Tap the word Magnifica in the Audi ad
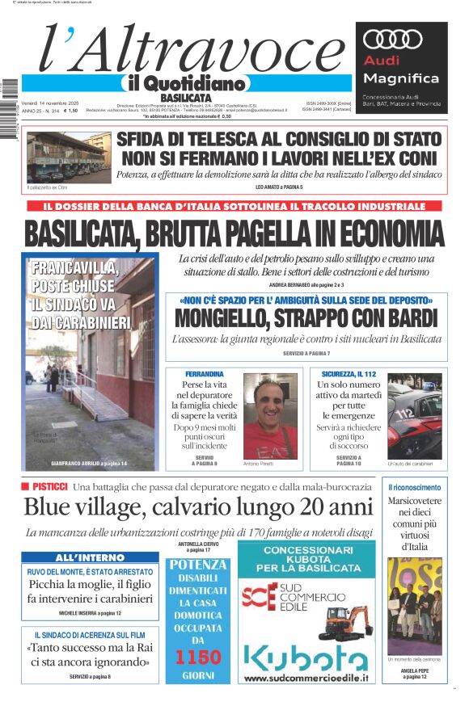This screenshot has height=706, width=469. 401,78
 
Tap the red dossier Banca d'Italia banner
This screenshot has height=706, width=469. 234,206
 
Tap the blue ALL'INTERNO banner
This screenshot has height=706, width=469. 90,557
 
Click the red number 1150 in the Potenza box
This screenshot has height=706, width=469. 197,656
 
